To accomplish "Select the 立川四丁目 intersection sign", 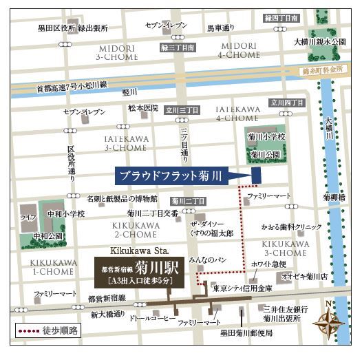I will pyautogui.click(x=287, y=103).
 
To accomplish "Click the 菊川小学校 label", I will pyautogui.click(x=264, y=138).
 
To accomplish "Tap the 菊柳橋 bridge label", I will pyautogui.click(x=335, y=197).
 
